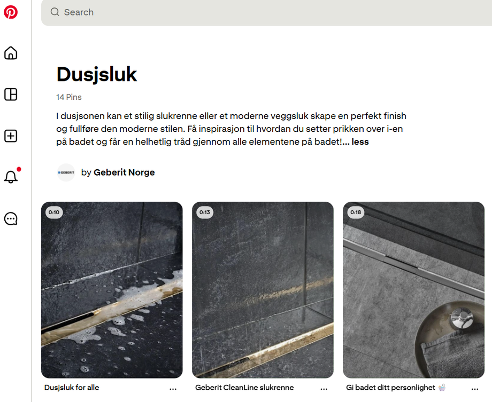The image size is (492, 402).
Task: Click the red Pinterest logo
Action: coord(11,12)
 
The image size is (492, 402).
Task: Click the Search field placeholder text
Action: coord(79,12)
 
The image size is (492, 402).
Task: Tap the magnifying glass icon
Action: coord(55,12)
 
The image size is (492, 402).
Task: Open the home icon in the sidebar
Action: coord(11,53)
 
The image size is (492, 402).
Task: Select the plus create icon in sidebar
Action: coord(11,136)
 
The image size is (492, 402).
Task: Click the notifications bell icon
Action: coord(11,177)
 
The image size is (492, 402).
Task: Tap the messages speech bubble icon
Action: coord(11,219)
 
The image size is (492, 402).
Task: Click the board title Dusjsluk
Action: coord(97,75)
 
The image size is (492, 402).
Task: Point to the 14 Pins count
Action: coord(69,97)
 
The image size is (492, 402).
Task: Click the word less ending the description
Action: coord(360,142)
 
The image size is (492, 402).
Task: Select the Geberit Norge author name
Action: coord(124,172)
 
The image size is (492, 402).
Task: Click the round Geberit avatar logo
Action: coord(66,172)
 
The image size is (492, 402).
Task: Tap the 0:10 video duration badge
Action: coord(55,212)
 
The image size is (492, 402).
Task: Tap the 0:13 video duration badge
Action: coord(205,212)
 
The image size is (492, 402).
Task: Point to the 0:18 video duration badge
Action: coord(356,212)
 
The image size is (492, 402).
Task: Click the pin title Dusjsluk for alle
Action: coord(72,388)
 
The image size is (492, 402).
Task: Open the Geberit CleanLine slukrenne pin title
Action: coord(244,388)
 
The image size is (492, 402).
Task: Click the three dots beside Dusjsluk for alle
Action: coord(173,389)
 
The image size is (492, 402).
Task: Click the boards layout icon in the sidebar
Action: coord(11,94)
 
